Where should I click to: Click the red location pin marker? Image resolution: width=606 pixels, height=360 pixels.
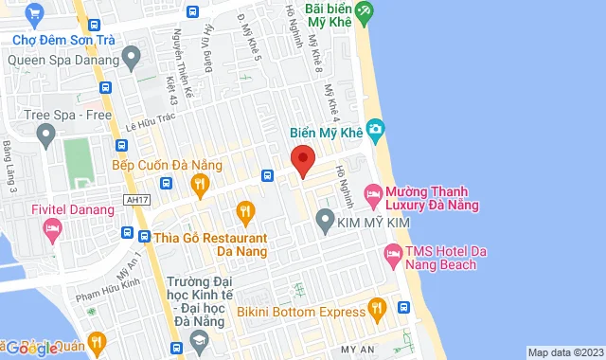tap(302, 160)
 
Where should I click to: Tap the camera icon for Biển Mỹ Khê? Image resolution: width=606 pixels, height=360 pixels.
tap(375, 128)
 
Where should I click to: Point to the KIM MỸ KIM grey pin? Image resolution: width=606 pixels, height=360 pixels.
tap(325, 224)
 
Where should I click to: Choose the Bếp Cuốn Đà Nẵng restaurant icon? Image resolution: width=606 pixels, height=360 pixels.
tap(199, 186)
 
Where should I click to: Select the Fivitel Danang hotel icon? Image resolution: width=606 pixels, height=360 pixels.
tap(52, 228)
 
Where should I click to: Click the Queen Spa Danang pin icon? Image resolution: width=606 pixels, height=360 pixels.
tap(132, 58)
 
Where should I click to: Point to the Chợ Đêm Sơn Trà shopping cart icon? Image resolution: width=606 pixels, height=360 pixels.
tap(35, 14)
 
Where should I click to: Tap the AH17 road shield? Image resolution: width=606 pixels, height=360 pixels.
tap(137, 199)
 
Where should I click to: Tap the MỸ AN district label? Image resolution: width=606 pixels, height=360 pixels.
tap(358, 350)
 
